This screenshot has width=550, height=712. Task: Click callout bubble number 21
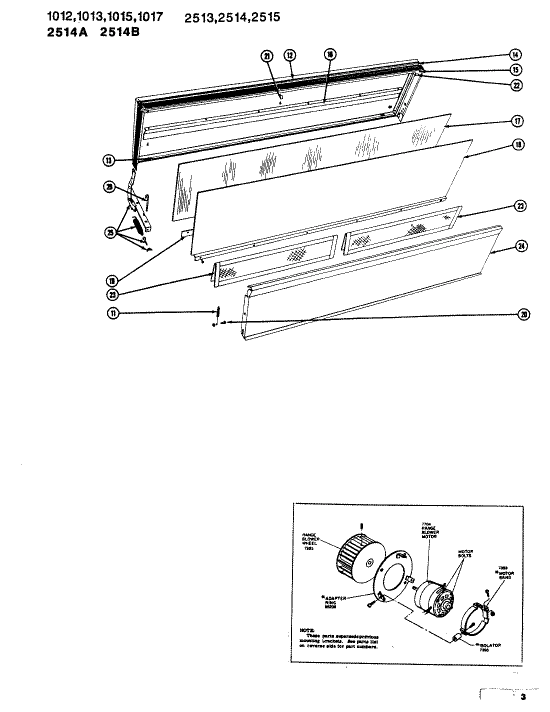(267, 56)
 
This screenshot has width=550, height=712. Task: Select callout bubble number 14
(515, 54)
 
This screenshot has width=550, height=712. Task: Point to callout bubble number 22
(515, 85)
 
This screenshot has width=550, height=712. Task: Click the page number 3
(523, 697)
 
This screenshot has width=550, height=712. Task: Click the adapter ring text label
(336, 600)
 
